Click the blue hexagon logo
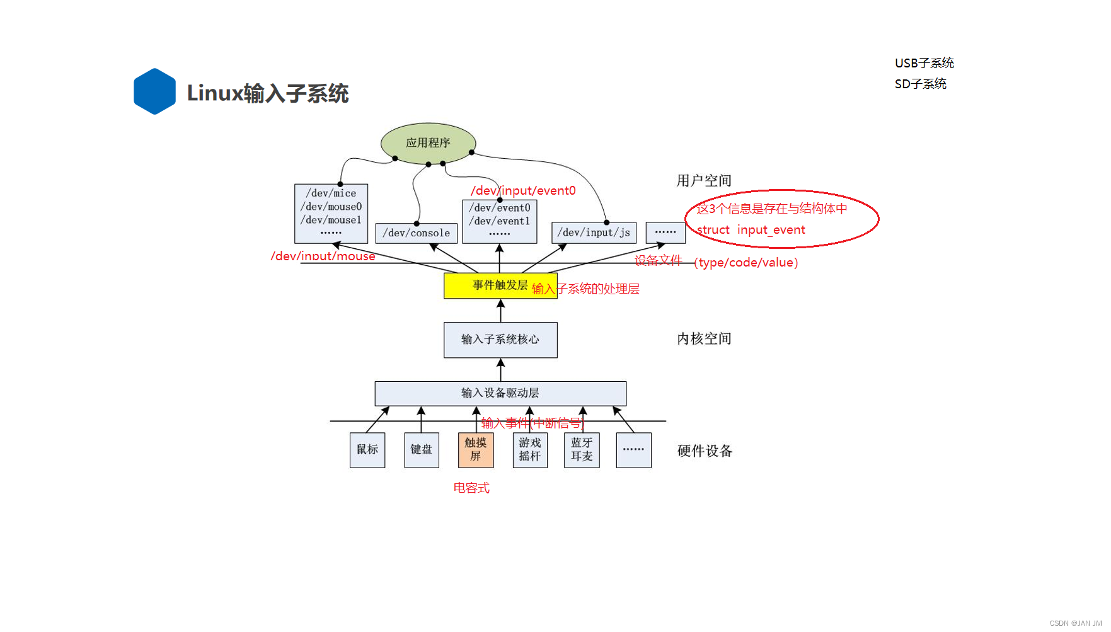pyautogui.click(x=154, y=91)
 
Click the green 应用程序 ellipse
pyautogui.click(x=428, y=143)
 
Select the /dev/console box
pyautogui.click(x=416, y=233)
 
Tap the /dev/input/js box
pyautogui.click(x=594, y=233)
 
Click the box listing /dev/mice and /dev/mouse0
pyautogui.click(x=331, y=213)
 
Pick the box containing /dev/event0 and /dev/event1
pyautogui.click(x=499, y=221)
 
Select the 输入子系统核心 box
pyautogui.click(x=500, y=340)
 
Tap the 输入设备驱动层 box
pyautogui.click(x=500, y=393)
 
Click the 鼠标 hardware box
pyautogui.click(x=367, y=450)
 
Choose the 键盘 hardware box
pyautogui.click(x=422, y=450)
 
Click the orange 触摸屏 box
pyautogui.click(x=476, y=450)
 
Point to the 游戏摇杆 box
pyautogui.click(x=530, y=450)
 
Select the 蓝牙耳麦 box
pyautogui.click(x=582, y=450)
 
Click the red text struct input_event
pyautogui.click(x=751, y=230)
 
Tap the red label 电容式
pyautogui.click(x=471, y=488)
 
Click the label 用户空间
pyautogui.click(x=704, y=181)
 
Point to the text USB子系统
pyautogui.click(x=924, y=63)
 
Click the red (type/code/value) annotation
pyautogui.click(x=746, y=263)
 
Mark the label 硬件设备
pyautogui.click(x=705, y=451)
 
